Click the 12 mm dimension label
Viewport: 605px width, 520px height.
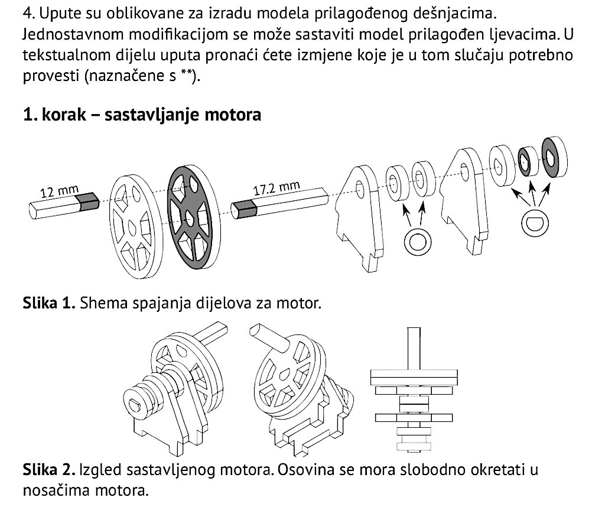(60, 191)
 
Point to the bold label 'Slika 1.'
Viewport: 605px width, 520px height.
(50, 304)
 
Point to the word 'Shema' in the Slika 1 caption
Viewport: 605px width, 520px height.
(102, 304)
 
